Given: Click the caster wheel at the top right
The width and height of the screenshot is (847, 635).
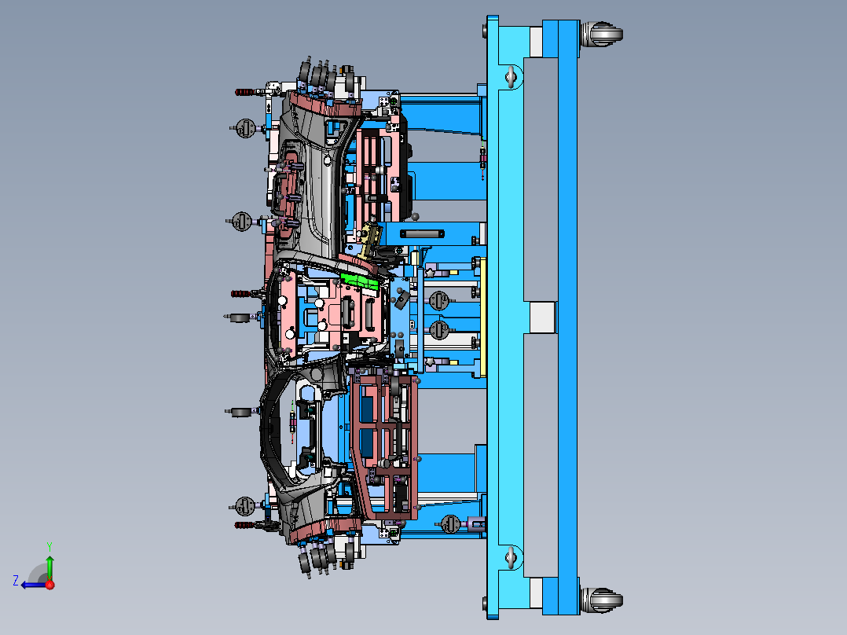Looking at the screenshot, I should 602,36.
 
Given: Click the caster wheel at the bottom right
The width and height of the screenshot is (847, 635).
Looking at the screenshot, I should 602,600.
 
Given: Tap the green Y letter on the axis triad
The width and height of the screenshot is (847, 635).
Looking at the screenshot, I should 49,545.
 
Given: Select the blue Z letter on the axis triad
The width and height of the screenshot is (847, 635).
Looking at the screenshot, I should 16,580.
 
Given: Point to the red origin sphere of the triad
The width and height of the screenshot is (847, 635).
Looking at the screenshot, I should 49,585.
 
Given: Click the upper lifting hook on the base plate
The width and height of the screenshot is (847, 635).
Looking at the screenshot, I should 512,76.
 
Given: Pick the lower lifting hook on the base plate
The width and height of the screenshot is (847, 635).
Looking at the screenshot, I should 512,558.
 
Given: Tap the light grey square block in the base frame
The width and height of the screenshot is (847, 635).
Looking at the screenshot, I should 541,317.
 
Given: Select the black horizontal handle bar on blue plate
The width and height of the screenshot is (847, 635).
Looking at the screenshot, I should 423,233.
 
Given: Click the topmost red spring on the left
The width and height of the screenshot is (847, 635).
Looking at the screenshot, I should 245,93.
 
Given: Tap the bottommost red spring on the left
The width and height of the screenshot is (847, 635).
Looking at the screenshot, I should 245,524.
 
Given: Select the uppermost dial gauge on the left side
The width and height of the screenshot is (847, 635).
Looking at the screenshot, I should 245,126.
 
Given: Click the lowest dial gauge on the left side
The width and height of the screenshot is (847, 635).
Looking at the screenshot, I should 245,505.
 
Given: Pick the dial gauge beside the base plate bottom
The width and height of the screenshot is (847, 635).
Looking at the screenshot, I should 450,522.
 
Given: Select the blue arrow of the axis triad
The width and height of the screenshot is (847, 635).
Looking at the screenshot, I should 33,585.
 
